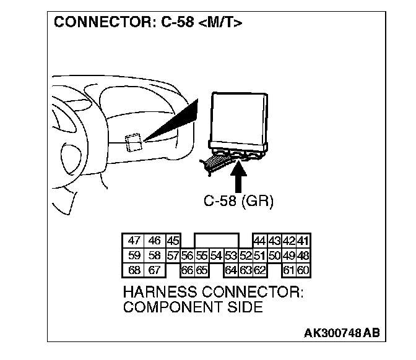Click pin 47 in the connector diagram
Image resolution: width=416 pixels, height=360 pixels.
click(134, 241)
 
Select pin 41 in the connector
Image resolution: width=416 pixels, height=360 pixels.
click(303, 241)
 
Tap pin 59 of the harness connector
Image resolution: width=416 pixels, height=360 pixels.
click(134, 255)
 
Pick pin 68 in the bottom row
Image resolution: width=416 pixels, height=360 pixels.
click(134, 269)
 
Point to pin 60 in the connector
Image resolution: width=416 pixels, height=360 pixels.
click(303, 269)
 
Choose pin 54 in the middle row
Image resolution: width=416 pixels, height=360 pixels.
click(216, 255)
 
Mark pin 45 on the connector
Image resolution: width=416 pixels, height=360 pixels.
click(173, 241)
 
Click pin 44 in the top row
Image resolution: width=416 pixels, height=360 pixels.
click(260, 241)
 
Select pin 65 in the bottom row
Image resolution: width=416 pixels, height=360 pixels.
click(201, 269)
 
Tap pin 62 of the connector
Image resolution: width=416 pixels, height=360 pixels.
click(260, 269)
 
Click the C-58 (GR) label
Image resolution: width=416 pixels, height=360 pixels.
click(238, 201)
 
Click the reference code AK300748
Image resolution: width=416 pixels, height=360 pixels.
click(332, 333)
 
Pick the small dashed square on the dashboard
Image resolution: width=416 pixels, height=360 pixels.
click(132, 143)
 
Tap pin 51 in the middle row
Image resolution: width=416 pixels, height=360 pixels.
click(260, 255)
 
